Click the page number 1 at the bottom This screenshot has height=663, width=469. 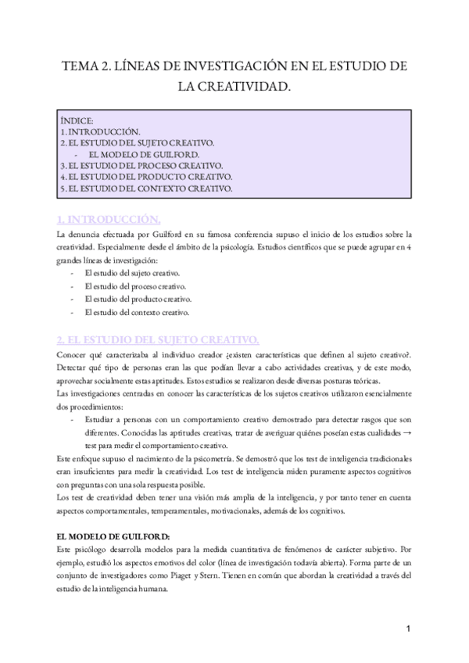click(409, 629)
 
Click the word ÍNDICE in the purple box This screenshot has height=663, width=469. click(76, 121)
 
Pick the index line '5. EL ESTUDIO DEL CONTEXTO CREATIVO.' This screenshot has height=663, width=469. click(146, 188)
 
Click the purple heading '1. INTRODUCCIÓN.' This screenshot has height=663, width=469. click(109, 217)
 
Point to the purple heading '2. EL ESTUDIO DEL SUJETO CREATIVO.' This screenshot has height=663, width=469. click(159, 339)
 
